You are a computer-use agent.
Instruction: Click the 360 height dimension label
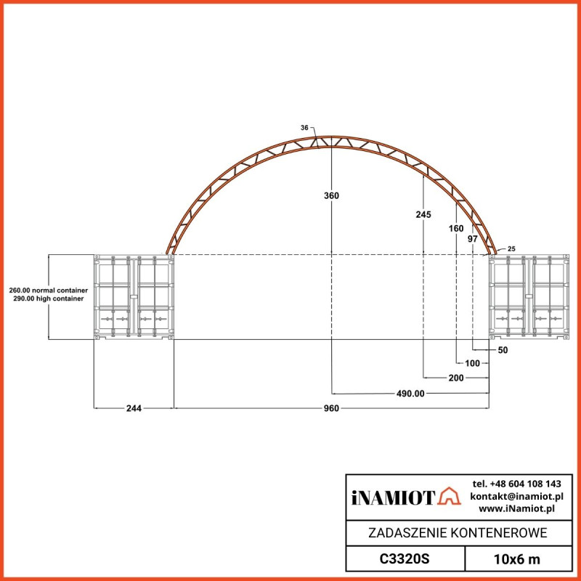pyautogui.click(x=331, y=196)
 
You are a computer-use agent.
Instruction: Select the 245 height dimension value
pyautogui.click(x=423, y=214)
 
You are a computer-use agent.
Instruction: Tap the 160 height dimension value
pyautogui.click(x=456, y=228)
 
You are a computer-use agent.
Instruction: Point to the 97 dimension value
pyautogui.click(x=472, y=239)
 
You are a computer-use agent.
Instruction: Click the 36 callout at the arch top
pyautogui.click(x=305, y=128)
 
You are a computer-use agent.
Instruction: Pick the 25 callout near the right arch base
pyautogui.click(x=511, y=249)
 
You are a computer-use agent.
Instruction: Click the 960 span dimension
pyautogui.click(x=331, y=408)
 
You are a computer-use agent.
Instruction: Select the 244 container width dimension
pyautogui.click(x=134, y=408)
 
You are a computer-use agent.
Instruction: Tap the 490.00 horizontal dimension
pyautogui.click(x=410, y=393)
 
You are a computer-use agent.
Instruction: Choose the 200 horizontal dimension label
pyautogui.click(x=455, y=378)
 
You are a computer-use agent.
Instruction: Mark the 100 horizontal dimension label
pyautogui.click(x=473, y=363)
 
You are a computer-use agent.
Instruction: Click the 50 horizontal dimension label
pyautogui.click(x=503, y=350)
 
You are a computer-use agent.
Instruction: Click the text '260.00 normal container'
pyautogui.click(x=48, y=290)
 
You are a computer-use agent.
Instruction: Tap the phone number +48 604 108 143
pyautogui.click(x=516, y=484)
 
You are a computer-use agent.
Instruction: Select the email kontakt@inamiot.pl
pyautogui.click(x=516, y=496)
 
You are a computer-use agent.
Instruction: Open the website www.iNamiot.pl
pyautogui.click(x=521, y=508)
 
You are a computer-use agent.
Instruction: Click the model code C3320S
pyautogui.click(x=405, y=560)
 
